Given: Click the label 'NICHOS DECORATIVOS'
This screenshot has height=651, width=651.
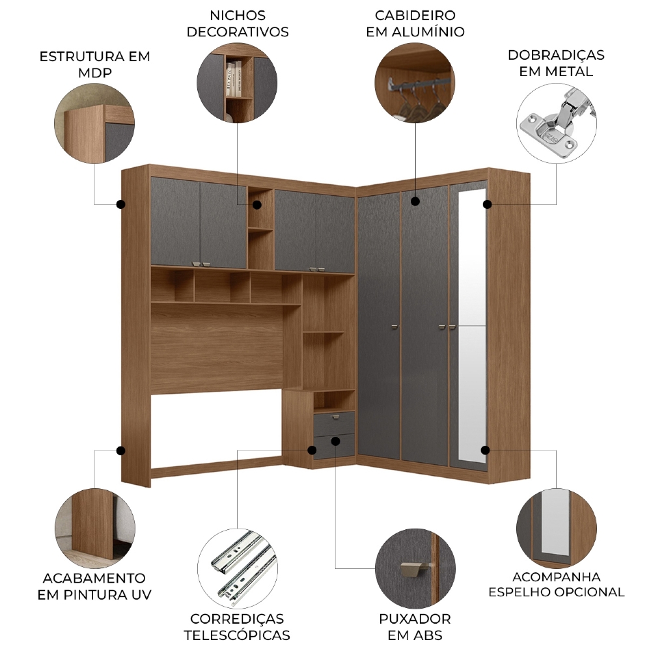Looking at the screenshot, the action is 238,23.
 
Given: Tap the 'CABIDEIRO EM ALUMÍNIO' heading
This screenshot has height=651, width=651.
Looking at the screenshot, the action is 415,23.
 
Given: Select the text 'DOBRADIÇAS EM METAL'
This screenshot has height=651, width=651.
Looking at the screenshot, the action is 556,63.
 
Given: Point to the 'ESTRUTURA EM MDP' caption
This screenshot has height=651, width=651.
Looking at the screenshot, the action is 94,64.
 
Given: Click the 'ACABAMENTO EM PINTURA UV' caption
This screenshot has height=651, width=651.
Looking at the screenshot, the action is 94,587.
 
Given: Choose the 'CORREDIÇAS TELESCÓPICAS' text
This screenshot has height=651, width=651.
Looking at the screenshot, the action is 237,627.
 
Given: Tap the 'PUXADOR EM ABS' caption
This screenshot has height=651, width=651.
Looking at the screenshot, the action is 415,627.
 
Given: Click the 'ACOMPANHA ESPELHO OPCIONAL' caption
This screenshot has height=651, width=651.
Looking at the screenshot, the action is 557,584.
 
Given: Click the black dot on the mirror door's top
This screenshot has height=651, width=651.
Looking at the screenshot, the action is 488,204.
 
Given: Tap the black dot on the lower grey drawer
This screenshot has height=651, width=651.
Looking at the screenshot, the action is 336,441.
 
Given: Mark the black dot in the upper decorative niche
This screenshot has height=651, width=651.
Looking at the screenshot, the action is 257,204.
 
